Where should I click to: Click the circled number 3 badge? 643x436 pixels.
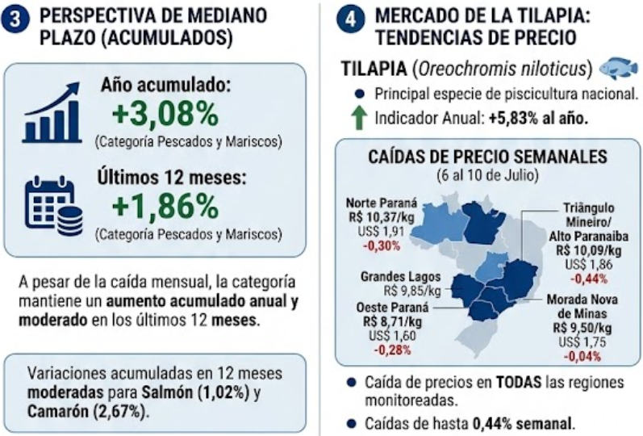[x=15, y=20]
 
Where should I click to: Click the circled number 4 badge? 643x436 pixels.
[x=351, y=20]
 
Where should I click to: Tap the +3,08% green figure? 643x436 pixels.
[x=165, y=114]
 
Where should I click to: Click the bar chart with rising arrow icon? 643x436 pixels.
[x=52, y=112]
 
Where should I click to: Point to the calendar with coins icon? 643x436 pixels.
[x=54, y=206]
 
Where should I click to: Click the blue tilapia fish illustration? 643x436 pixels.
[x=619, y=68]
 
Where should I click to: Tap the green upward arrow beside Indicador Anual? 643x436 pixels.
[x=359, y=118]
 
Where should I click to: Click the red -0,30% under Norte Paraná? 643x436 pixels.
[x=382, y=246]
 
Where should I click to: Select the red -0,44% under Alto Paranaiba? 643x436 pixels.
[x=589, y=279]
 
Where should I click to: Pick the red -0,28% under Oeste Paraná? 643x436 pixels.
[x=392, y=350]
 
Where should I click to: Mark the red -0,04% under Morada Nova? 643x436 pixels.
[x=582, y=356]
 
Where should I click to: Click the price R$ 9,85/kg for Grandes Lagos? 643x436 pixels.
[x=412, y=291]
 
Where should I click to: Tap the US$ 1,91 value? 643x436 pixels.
[x=381, y=231]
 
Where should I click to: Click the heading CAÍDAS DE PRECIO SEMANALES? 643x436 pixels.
[x=487, y=157]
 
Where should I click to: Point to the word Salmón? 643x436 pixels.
[x=167, y=392]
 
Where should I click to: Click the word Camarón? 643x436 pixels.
[x=58, y=411]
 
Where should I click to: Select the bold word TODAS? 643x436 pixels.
[x=519, y=382]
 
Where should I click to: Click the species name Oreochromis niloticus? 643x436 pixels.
[x=503, y=69]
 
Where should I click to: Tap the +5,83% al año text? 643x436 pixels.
[x=538, y=118]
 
